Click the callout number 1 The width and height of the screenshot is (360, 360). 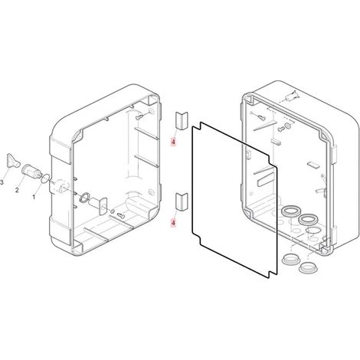pyautogui.click(x=34, y=197)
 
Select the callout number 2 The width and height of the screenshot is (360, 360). pyautogui.click(x=17, y=190)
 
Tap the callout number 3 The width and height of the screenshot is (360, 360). pyautogui.click(x=2, y=182)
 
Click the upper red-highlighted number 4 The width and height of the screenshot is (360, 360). pyautogui.click(x=173, y=142)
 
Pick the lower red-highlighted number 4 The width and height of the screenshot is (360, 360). pyautogui.click(x=173, y=223)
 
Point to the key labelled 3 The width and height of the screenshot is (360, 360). pyautogui.click(x=13, y=161)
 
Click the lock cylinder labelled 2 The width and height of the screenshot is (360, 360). pyautogui.click(x=31, y=171)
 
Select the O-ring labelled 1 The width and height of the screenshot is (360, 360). pyautogui.click(x=45, y=178)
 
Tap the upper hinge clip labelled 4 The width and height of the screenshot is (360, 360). pyautogui.click(x=182, y=121)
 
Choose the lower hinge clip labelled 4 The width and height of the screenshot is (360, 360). pyautogui.click(x=182, y=202)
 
